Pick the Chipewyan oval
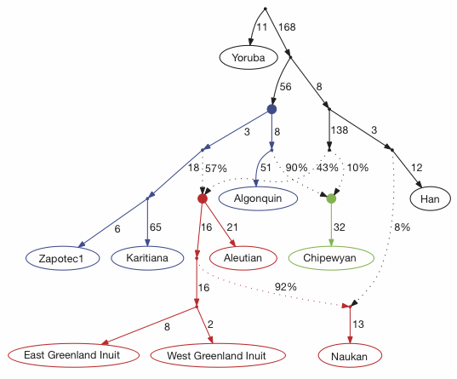tap(331, 256)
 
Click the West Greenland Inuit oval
tap(209, 354)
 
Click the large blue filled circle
tap(271, 109)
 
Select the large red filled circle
tap(203, 198)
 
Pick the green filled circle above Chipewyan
tap(331, 198)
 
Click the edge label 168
tap(287, 28)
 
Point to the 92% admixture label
tap(284, 287)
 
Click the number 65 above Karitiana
tap(157, 229)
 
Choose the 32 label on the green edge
tap(340, 227)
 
